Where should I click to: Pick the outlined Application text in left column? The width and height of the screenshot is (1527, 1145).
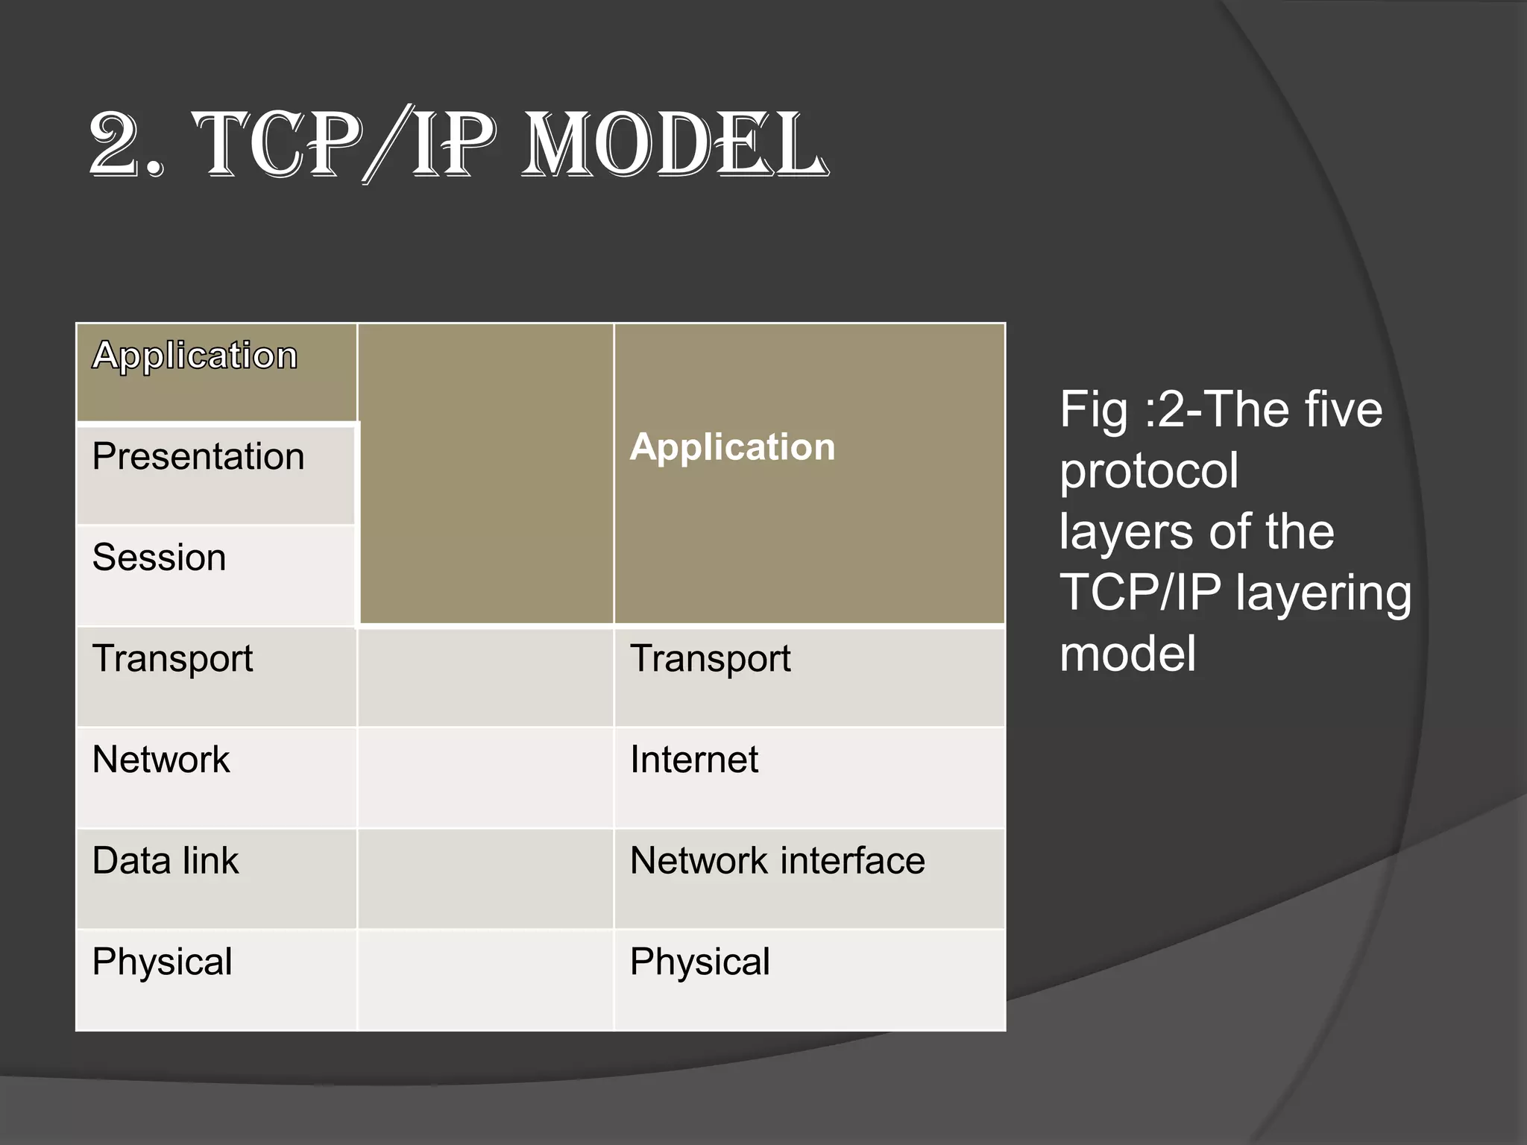pos(195,356)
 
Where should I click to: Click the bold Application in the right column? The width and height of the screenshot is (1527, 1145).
pos(732,447)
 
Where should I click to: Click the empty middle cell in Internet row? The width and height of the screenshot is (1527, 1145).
pos(485,777)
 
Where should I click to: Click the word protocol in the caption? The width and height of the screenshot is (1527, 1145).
pos(1148,471)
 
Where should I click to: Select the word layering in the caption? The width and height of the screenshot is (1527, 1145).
pos(1323,594)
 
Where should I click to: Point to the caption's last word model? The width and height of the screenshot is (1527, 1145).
pos(1127,654)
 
